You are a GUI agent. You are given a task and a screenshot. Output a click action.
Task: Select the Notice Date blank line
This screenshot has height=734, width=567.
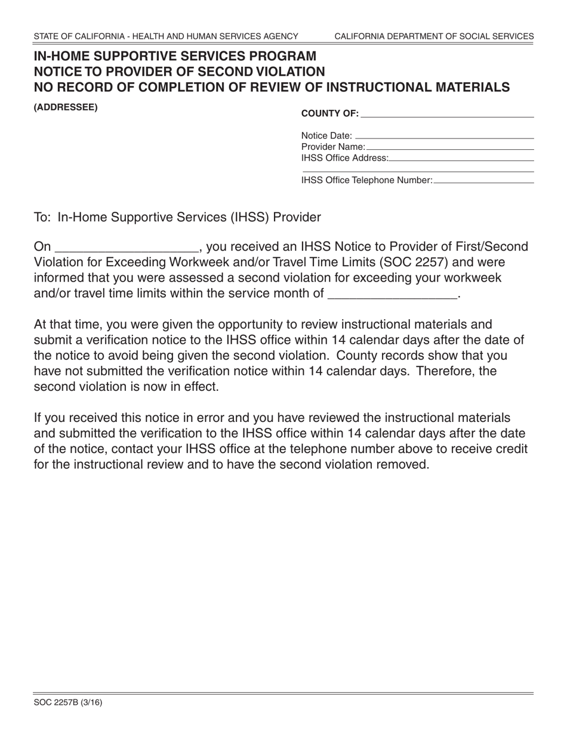click(x=444, y=136)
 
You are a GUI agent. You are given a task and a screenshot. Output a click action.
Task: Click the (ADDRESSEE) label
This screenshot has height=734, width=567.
click(x=66, y=108)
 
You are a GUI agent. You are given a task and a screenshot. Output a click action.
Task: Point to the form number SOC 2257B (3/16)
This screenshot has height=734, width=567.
click(x=68, y=702)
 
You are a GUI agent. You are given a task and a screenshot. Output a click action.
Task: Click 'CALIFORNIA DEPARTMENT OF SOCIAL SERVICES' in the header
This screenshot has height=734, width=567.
click(x=434, y=36)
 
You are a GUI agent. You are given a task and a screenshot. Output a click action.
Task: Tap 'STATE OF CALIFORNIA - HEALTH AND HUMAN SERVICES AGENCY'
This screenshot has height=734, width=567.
click(x=166, y=36)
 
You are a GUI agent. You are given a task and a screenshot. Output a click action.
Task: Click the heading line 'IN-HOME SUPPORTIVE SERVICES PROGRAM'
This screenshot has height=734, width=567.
click(x=175, y=57)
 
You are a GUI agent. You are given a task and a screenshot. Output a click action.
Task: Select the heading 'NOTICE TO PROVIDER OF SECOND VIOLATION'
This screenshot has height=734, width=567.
click(x=180, y=72)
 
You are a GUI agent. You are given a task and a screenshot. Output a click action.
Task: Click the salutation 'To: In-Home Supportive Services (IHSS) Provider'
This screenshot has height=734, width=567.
click(x=177, y=217)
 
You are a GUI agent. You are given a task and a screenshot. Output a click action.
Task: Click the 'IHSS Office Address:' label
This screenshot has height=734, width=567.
click(x=345, y=158)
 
